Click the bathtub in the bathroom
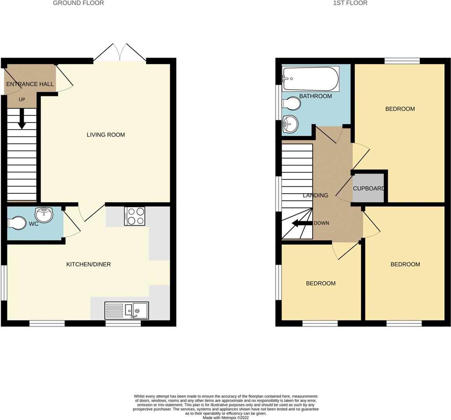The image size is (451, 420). tap(310, 79)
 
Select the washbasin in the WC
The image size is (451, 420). tap(44, 215)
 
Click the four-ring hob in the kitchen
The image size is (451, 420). tap(135, 216)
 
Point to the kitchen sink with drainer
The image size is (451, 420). tap(126, 311)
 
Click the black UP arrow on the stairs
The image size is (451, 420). tap(22, 118)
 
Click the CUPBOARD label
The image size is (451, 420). tap(369, 189)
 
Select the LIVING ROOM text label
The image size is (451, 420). tap(106, 135)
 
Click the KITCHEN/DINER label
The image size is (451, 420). tap(89, 264)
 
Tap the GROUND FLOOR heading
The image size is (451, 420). tap(78, 3)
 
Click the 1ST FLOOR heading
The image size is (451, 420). tap(350, 3)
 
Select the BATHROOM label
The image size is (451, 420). tap(315, 96)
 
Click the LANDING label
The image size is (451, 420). tap(315, 196)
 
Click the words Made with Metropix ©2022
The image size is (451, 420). tap(226, 418)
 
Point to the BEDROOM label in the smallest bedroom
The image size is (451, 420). tap(321, 283)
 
